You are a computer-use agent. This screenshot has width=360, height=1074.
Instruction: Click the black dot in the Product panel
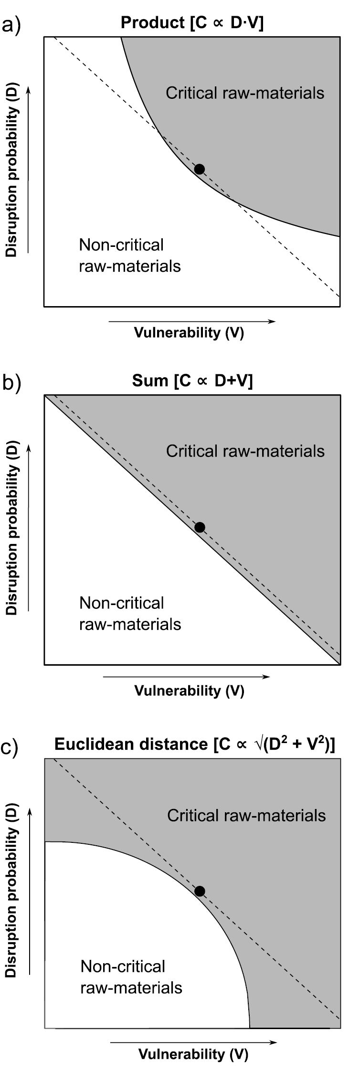200,169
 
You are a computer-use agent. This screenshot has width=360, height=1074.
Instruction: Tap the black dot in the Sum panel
200,527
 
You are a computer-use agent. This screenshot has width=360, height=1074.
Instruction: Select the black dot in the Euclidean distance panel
200,891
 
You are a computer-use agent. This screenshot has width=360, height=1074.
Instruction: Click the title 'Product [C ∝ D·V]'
192,23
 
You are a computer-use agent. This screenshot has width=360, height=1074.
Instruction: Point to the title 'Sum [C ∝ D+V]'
192,381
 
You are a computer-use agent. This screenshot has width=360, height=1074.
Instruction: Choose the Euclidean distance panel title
195,744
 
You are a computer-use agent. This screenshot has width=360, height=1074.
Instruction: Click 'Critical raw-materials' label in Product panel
245,93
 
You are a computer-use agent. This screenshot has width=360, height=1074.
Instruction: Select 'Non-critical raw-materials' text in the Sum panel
130,614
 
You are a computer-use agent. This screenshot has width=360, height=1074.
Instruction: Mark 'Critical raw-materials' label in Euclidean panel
246,815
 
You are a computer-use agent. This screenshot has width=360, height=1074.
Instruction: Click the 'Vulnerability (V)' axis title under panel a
189,333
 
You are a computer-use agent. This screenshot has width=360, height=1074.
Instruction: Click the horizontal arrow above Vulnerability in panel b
186,677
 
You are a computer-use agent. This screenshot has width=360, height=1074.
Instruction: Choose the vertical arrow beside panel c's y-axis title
30,890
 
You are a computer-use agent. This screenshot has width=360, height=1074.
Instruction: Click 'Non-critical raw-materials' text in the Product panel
130,255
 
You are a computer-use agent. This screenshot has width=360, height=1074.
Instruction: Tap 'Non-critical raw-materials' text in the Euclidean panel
131,977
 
